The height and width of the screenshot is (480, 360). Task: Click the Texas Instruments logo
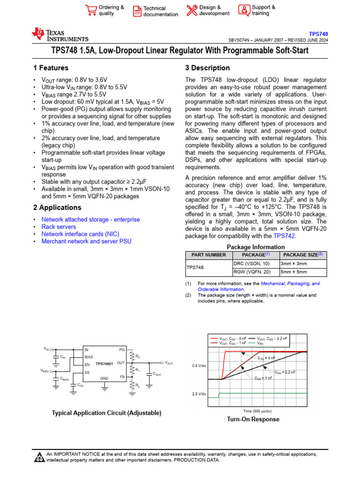[x=60, y=35]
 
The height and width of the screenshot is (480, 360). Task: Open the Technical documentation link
[x=160, y=11]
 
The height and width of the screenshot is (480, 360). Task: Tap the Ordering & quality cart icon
[x=90, y=10]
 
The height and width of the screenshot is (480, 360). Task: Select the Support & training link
[x=263, y=10]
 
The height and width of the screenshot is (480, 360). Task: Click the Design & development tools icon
[x=192, y=10]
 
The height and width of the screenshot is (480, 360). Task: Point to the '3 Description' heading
[x=208, y=68]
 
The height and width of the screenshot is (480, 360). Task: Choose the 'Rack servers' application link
[x=59, y=227]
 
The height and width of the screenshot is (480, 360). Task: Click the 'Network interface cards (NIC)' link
[x=80, y=234]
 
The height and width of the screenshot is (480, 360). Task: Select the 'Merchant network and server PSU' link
[x=86, y=241]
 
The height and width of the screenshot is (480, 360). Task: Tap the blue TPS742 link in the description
[x=284, y=236]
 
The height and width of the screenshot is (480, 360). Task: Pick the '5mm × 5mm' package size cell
[x=294, y=272]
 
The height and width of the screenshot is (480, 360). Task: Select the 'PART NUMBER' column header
[x=206, y=255]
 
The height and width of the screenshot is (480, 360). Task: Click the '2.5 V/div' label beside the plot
[x=199, y=394]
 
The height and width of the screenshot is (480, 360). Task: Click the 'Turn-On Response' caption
[x=253, y=419]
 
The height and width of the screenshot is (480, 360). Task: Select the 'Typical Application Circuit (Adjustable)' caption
[x=106, y=413]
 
